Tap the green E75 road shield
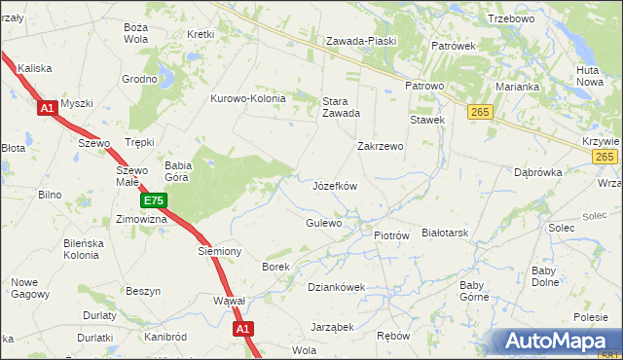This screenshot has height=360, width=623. pos(153,201)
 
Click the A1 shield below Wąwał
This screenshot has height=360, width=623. pos(243,330)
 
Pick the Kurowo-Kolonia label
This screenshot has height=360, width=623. pos(248,98)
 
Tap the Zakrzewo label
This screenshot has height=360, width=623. pos(380,146)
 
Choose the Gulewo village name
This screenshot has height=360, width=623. pos(324,223)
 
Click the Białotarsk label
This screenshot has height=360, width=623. pos(446,234)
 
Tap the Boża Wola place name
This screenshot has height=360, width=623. pos(135,33)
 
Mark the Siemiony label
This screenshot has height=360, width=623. pos(219,251)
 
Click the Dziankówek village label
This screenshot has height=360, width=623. pos(336,287)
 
